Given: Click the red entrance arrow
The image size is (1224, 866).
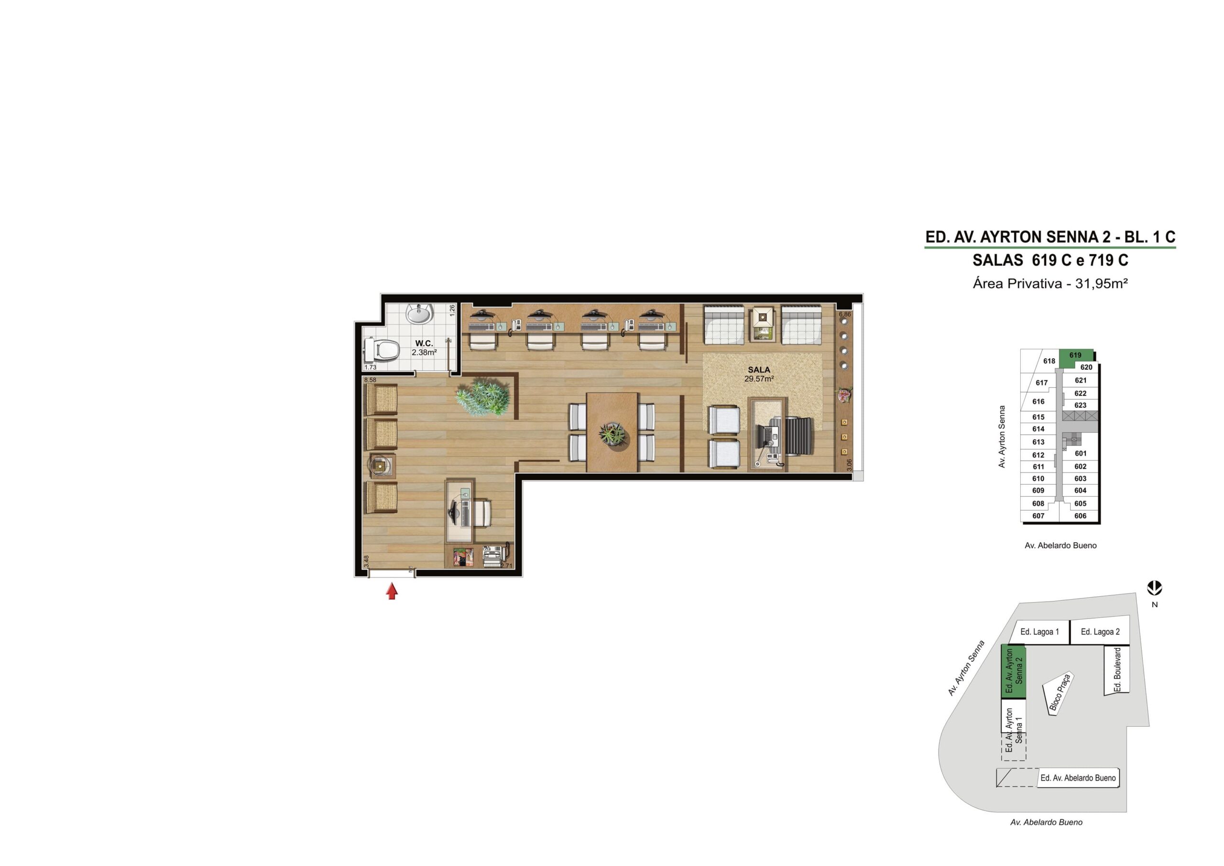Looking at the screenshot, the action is [392, 591].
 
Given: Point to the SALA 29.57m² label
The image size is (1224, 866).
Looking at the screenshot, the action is [759, 374].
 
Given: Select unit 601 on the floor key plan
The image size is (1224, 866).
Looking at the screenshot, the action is [1080, 453].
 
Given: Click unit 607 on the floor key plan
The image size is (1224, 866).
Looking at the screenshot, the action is [1038, 515].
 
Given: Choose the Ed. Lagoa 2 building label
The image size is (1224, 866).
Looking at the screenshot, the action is [1100, 632].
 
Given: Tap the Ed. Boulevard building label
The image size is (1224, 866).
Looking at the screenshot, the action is [1117, 670].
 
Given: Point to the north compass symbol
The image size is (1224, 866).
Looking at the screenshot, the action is [1155, 589].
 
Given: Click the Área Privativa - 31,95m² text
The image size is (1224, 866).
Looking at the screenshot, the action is [1050, 284].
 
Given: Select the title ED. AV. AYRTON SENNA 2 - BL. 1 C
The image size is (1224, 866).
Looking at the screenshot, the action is [1050, 237].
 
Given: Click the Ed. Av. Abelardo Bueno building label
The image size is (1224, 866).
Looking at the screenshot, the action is [1078, 778].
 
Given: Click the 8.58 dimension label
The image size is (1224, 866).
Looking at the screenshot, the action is [370, 380].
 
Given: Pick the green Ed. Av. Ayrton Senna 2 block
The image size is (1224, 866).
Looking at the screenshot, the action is [1014, 672].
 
